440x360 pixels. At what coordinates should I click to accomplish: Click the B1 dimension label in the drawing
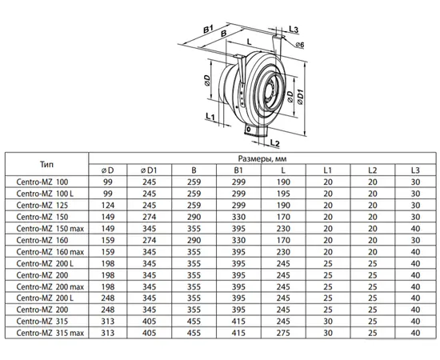coord(208,29)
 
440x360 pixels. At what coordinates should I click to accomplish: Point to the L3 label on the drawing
coord(294,29)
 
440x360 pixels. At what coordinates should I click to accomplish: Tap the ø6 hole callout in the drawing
coord(300,45)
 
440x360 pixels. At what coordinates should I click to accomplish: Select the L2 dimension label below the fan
coord(275,143)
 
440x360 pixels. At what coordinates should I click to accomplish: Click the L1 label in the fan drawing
coord(210,116)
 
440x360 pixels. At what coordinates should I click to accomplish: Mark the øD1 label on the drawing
coord(300,97)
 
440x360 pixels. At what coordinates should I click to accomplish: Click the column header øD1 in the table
coord(149,170)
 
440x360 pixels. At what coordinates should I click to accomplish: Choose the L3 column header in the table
coord(415,170)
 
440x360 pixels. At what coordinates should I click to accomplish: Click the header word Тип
coord(46,164)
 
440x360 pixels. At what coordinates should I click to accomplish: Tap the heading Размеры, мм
coord(262,159)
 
